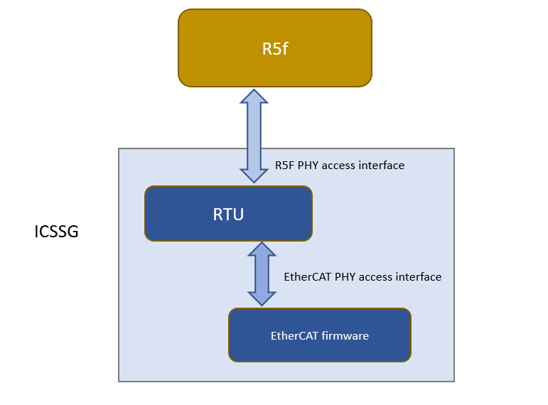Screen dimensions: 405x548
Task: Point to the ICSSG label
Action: tap(56, 232)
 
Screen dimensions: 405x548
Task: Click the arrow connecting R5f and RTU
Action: tap(254, 135)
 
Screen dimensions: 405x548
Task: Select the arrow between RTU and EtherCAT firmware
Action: tap(262, 274)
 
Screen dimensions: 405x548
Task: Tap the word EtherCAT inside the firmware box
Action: tap(294, 335)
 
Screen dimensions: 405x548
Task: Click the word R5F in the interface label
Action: tap(285, 166)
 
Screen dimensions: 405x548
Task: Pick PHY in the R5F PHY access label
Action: tap(308, 166)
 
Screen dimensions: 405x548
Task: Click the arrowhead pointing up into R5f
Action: tap(254, 97)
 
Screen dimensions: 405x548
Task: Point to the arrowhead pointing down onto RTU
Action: tap(254, 174)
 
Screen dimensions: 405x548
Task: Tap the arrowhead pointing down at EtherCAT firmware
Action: tap(262, 298)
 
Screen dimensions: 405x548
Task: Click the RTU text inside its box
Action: tap(228, 214)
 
